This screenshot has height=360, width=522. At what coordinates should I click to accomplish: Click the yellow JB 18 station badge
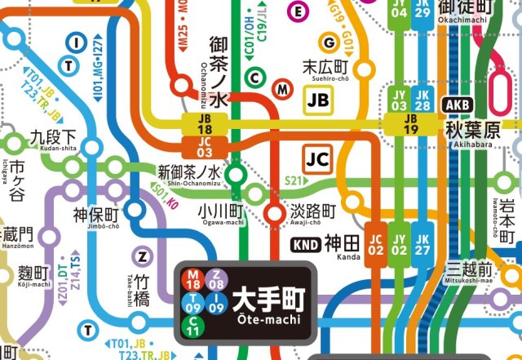tap(205, 123)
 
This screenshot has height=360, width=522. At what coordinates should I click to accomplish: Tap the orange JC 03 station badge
tap(205, 146)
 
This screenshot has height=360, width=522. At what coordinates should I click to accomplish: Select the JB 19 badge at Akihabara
tap(411, 123)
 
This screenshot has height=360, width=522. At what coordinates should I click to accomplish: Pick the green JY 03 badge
tap(399, 100)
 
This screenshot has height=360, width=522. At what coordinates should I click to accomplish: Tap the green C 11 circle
tap(193, 327)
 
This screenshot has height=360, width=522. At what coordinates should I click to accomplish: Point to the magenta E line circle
tap(299, 11)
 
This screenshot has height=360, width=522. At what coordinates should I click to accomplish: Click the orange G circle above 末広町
tap(330, 42)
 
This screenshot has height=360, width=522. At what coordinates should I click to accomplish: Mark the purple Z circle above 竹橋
tap(143, 256)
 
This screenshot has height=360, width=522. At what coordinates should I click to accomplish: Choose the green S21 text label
tap(292, 180)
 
